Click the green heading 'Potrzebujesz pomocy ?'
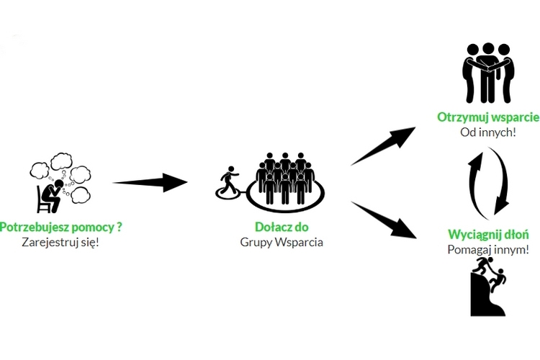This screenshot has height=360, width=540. click(x=60, y=227)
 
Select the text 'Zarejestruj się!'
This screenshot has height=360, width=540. click(x=60, y=242)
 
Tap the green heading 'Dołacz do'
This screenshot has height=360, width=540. click(x=281, y=227)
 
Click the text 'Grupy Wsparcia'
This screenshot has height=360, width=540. click(x=281, y=242)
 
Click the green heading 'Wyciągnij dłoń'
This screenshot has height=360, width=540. click(x=488, y=235)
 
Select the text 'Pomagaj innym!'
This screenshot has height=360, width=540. click(x=488, y=250)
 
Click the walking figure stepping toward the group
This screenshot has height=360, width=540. click(x=230, y=180)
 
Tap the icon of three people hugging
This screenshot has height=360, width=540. click(x=488, y=72)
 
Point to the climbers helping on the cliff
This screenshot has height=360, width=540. click(x=488, y=288)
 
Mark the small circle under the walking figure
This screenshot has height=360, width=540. click(x=228, y=192)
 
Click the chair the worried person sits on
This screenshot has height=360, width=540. click(x=45, y=204)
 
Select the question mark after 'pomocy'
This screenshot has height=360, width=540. click(x=120, y=227)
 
